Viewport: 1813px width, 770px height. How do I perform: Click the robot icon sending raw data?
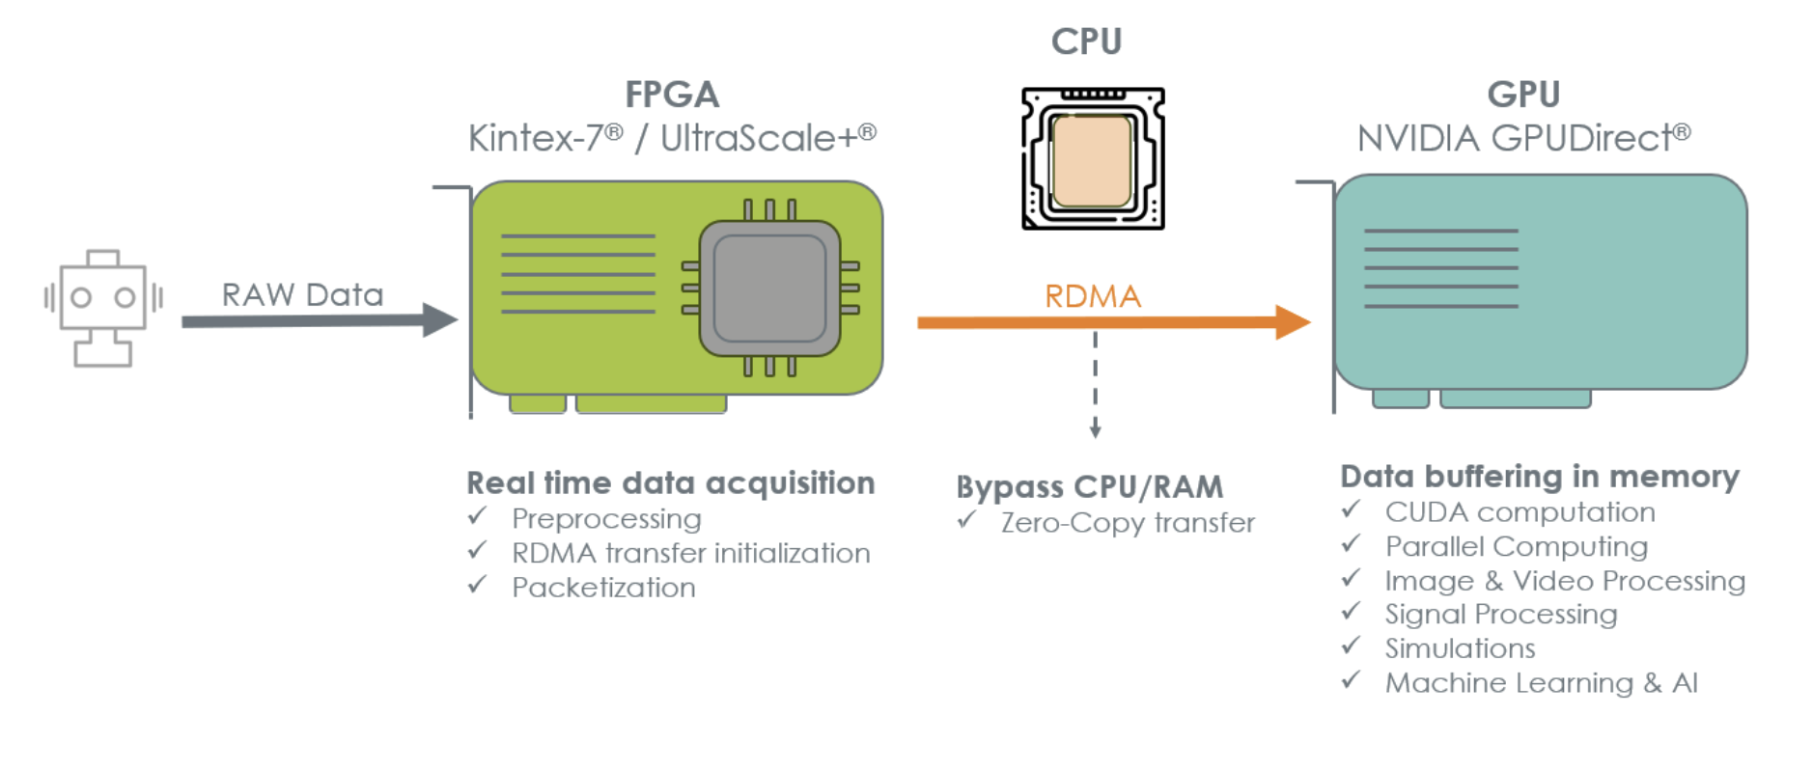click(x=102, y=307)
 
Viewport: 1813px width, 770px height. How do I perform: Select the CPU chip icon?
click(x=1093, y=159)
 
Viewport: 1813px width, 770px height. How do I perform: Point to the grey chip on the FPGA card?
click(x=769, y=288)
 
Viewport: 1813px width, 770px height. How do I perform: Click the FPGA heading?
click(x=672, y=95)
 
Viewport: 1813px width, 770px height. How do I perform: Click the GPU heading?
click(x=1523, y=95)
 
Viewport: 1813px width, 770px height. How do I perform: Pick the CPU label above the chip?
click(x=1086, y=41)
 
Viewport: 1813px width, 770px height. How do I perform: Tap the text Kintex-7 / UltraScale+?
click(x=672, y=138)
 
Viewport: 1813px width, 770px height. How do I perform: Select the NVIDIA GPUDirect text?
click(x=1523, y=138)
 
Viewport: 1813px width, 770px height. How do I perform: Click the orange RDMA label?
click(x=1093, y=296)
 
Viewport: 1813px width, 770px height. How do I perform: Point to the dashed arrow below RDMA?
click(x=1095, y=386)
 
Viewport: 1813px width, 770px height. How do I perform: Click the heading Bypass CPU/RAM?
click(x=1089, y=487)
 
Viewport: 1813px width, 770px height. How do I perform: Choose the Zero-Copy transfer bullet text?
click(x=1128, y=523)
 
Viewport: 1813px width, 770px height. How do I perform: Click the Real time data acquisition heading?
click(x=670, y=482)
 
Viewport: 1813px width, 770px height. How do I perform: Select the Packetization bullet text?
click(x=603, y=588)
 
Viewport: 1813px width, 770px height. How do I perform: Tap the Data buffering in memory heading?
click(x=1540, y=477)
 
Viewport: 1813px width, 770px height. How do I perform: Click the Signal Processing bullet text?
click(x=1500, y=615)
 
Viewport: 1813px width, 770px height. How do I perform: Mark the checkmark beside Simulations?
click(x=1351, y=646)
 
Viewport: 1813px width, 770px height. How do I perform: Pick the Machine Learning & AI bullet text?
click(x=1541, y=683)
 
